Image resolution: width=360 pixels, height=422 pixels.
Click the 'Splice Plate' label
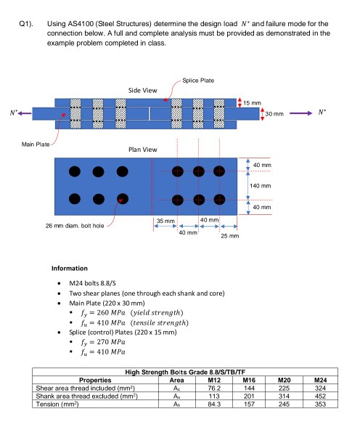coord(198,80)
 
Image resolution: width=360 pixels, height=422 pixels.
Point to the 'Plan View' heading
coord(142,149)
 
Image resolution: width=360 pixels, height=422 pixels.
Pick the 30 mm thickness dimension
coord(274,113)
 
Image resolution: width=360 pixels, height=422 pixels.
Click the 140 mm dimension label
coord(261,186)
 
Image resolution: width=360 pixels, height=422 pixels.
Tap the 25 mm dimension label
coord(229,237)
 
